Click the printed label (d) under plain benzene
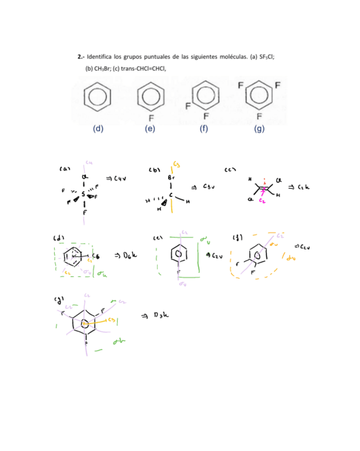[98, 129]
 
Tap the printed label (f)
[204, 129]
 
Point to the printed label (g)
[259, 129]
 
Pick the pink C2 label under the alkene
[262, 202]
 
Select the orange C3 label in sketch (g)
[111, 321]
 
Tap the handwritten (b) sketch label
[155, 170]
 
